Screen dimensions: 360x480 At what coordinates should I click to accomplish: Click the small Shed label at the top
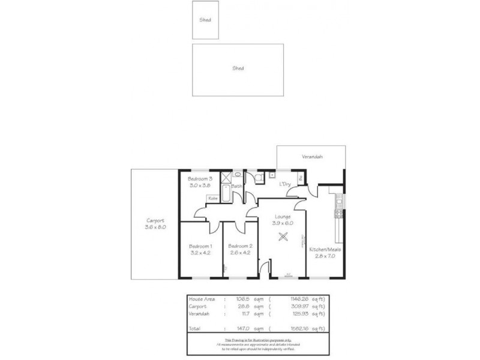pyautogui.click(x=205, y=20)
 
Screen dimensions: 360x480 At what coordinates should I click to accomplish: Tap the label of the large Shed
pyautogui.click(x=238, y=68)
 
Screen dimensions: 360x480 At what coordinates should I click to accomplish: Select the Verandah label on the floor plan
pyautogui.click(x=312, y=157)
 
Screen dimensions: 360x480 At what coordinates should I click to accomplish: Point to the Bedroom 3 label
pyautogui.click(x=200, y=179)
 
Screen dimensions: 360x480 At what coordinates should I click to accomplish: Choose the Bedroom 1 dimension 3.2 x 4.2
pyautogui.click(x=200, y=253)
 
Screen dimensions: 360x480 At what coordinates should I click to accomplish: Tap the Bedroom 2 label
pyautogui.click(x=240, y=246)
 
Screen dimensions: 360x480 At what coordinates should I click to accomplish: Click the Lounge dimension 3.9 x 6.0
pyautogui.click(x=283, y=223)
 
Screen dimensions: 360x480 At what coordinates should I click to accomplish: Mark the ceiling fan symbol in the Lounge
pyautogui.click(x=283, y=238)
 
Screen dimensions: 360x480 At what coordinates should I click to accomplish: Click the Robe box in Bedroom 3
pyautogui.click(x=213, y=198)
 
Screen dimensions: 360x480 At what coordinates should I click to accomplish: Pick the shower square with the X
pyautogui.click(x=226, y=177)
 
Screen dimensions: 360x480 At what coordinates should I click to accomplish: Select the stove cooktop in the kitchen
pyautogui.click(x=340, y=213)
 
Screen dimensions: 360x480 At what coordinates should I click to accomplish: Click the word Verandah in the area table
pyautogui.click(x=199, y=313)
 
